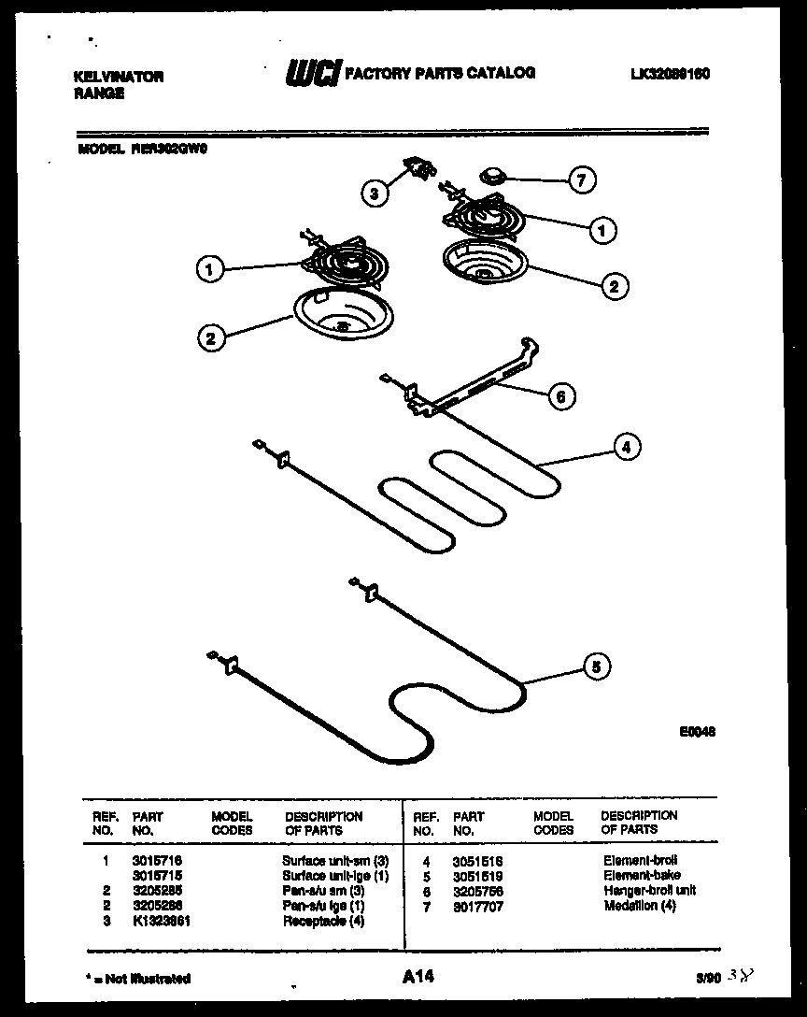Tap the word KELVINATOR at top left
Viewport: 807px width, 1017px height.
pyautogui.click(x=118, y=77)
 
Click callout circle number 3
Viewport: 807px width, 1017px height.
pyautogui.click(x=375, y=193)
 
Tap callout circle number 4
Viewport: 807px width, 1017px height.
pyautogui.click(x=626, y=448)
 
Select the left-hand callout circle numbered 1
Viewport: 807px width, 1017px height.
pyautogui.click(x=210, y=269)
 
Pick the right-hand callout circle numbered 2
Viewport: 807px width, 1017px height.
pyautogui.click(x=613, y=286)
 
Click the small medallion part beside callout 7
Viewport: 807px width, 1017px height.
pyautogui.click(x=492, y=175)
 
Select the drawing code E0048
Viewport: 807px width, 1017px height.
pyautogui.click(x=697, y=734)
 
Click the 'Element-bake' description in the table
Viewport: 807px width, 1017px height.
pyautogui.click(x=641, y=876)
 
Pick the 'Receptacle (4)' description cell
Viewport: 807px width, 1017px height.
pyautogui.click(x=323, y=921)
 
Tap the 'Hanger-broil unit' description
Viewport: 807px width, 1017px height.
pyautogui.click(x=649, y=891)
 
